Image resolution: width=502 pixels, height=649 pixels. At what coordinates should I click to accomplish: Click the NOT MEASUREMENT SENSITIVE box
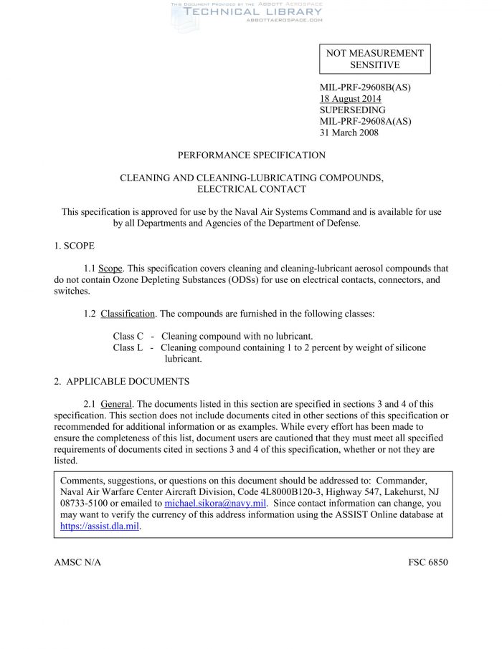(x=374, y=59)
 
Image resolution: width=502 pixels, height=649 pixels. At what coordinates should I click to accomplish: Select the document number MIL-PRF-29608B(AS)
(x=365, y=88)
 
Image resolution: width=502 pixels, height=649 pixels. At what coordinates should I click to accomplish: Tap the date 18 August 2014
(x=350, y=99)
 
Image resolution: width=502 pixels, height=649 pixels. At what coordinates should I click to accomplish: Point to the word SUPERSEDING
(x=352, y=110)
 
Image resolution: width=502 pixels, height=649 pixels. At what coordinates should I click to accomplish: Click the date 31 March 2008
(x=349, y=133)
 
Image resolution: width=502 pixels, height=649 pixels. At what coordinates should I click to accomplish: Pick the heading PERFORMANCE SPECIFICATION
(x=251, y=155)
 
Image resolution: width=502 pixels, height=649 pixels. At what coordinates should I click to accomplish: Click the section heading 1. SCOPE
(x=74, y=246)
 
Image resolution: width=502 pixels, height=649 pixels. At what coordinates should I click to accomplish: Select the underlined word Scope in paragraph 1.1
(x=110, y=269)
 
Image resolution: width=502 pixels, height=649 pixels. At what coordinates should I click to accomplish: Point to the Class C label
(x=128, y=336)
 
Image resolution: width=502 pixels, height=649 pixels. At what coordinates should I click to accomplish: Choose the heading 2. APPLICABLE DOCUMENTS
(x=121, y=381)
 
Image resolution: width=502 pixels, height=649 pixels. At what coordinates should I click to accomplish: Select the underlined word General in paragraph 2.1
(x=116, y=404)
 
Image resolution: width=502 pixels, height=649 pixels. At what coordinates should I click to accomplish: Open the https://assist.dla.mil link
(x=100, y=527)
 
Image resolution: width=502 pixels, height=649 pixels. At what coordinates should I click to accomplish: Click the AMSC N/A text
(x=77, y=562)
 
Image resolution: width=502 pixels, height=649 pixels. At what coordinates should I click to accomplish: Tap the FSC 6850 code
(x=428, y=562)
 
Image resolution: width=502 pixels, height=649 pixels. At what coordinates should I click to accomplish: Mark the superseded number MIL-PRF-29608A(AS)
(x=365, y=121)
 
